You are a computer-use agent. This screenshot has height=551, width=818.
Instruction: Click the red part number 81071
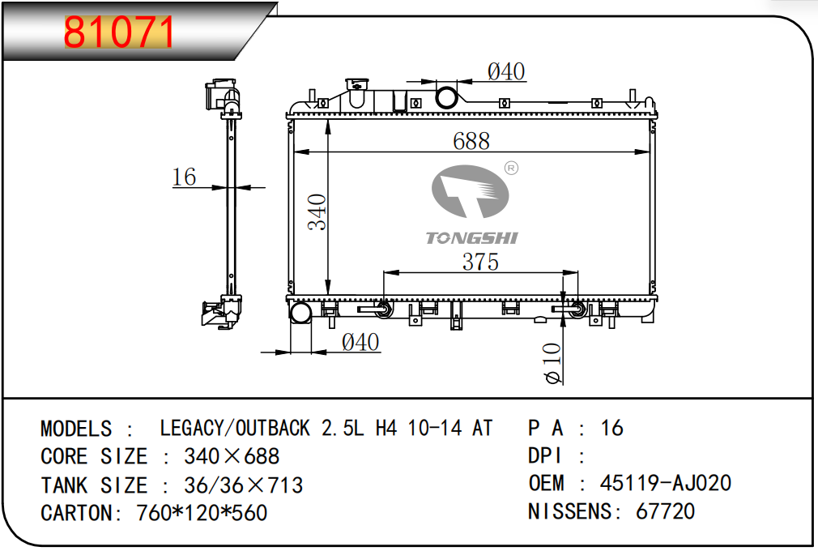(118, 32)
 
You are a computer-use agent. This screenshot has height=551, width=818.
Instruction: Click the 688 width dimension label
(471, 141)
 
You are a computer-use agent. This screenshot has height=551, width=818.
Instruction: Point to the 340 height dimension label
(317, 211)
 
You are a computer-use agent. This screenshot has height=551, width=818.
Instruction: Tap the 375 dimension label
(480, 262)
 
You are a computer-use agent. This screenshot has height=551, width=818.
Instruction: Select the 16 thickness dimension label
(184, 177)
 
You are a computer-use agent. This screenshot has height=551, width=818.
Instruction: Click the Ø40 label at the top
(506, 71)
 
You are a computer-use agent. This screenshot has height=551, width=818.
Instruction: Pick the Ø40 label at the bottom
(360, 342)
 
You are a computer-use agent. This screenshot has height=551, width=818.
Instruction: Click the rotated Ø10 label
(553, 363)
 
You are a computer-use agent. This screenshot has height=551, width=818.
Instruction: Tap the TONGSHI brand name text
(471, 238)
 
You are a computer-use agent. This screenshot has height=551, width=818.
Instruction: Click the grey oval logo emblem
(470, 191)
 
